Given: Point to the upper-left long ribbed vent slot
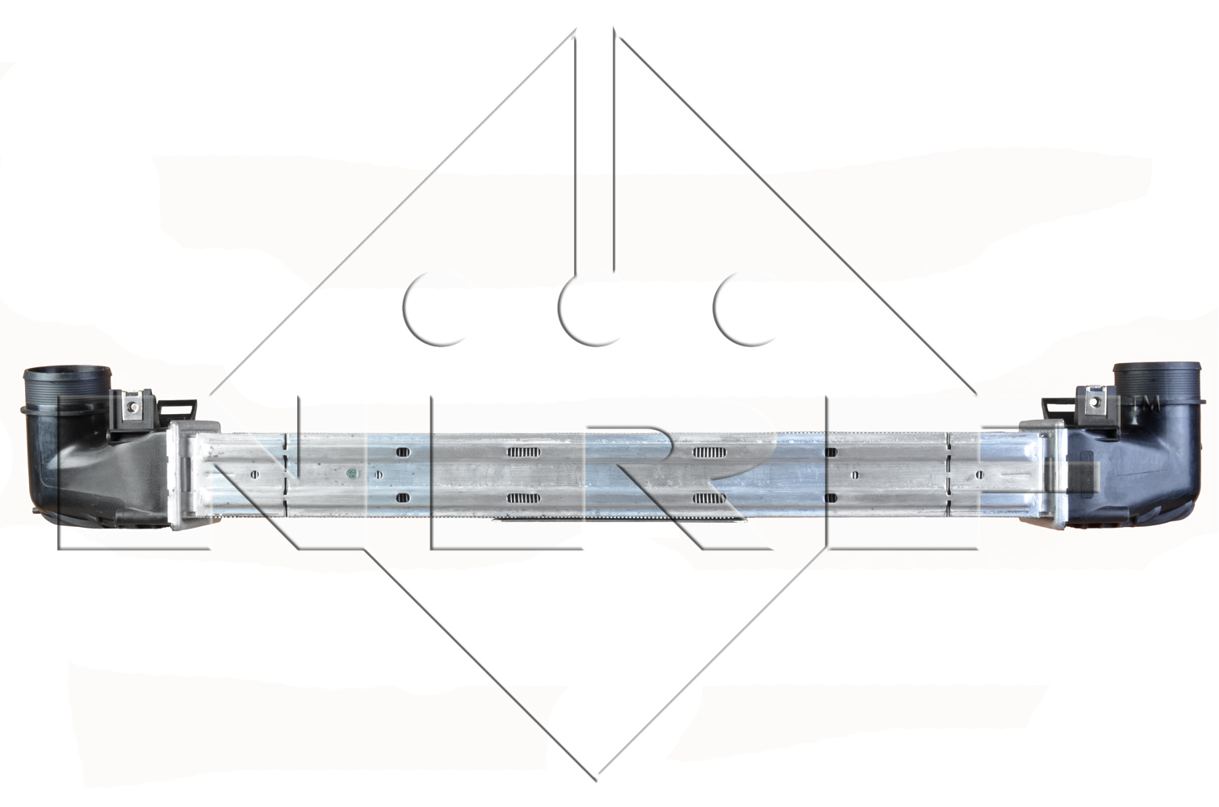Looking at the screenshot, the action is [523, 451].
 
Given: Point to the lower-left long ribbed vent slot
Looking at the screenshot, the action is [523, 498].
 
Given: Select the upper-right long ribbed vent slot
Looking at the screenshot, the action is [710, 451].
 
